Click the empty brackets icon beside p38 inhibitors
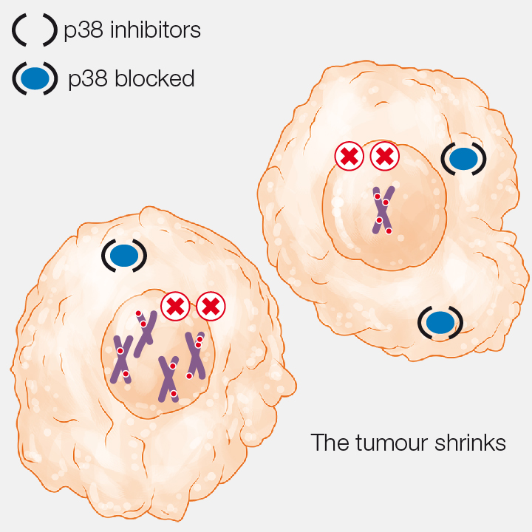pyautogui.click(x=34, y=30)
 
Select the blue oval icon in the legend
pyautogui.click(x=35, y=78)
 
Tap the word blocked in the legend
pyautogui.click(x=154, y=78)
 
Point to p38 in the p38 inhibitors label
pyautogui.click(x=85, y=31)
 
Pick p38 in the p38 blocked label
pyautogui.click(x=88, y=78)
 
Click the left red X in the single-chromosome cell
pyautogui.click(x=349, y=156)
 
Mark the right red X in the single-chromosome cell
pyautogui.click(x=384, y=156)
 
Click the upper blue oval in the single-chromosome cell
pyautogui.click(x=463, y=159)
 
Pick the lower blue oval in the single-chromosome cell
pyautogui.click(x=440, y=322)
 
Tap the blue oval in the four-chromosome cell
pyautogui.click(x=123, y=256)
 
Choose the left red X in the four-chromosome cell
pyautogui.click(x=176, y=306)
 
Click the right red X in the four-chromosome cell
pyautogui.click(x=211, y=306)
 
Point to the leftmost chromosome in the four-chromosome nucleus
pyautogui.click(x=122, y=359)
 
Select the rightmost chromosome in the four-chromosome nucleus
pyautogui.click(x=195, y=355)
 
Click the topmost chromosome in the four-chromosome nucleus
pyautogui.click(x=146, y=328)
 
